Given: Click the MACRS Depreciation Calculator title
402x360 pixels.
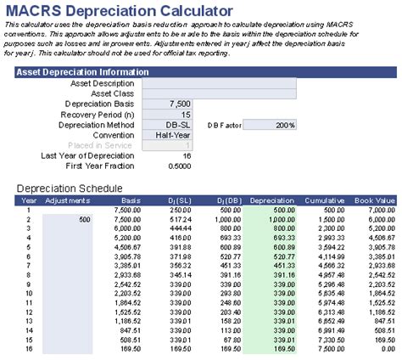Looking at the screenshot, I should pyautogui.click(x=119, y=11).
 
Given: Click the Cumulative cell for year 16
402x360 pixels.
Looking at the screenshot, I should pyautogui.click(x=328, y=347).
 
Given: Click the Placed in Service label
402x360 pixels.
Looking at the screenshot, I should pyautogui.click(x=99, y=144).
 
